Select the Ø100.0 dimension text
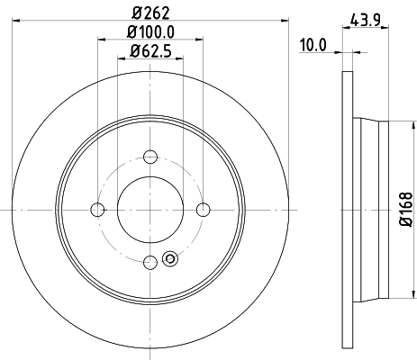[150, 33]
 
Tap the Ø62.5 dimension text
[150, 50]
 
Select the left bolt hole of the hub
[97, 210]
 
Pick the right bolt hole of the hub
[203, 210]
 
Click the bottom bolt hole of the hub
[150, 262]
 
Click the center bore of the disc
[150, 210]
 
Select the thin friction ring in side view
[348, 210]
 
